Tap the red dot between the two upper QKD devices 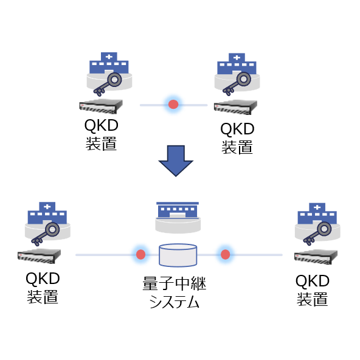tap(173, 105)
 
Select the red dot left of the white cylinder tap(140, 254)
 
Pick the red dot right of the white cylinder tap(225, 254)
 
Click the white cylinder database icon tap(178, 255)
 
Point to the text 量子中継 tap(178, 285)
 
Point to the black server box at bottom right tap(314, 256)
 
